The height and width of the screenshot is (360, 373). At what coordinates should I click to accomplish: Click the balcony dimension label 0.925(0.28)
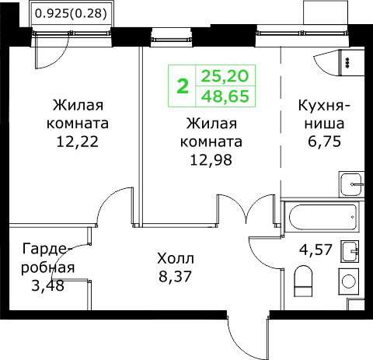(71, 14)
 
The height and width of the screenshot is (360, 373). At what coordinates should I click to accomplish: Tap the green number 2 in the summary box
(183, 86)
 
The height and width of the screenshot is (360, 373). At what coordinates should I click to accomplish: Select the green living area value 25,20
(225, 76)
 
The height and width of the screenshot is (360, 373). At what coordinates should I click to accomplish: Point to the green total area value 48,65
(225, 96)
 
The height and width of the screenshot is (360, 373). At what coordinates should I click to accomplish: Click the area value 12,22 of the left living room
(78, 142)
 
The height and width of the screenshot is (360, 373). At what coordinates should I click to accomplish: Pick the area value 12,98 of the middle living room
(211, 160)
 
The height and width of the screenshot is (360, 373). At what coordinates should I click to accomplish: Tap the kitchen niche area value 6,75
(324, 142)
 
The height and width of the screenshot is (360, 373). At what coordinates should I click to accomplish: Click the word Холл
(176, 258)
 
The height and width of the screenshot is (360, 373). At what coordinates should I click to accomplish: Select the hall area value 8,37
(175, 276)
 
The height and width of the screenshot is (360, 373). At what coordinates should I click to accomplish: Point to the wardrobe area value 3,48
(47, 286)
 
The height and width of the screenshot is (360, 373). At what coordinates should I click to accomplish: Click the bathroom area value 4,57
(315, 250)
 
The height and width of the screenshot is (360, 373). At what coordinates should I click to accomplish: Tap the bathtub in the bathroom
(322, 217)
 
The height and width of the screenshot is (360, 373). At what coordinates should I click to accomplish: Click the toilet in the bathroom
(303, 281)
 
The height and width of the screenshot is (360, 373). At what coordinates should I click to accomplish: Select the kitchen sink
(351, 184)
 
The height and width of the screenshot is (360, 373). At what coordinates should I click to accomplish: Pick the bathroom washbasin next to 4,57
(350, 251)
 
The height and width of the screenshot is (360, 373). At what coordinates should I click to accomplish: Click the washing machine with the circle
(349, 281)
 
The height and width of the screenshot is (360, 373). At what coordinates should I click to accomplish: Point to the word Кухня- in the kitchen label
(324, 106)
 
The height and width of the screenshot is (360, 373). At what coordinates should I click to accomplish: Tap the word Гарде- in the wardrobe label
(47, 249)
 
